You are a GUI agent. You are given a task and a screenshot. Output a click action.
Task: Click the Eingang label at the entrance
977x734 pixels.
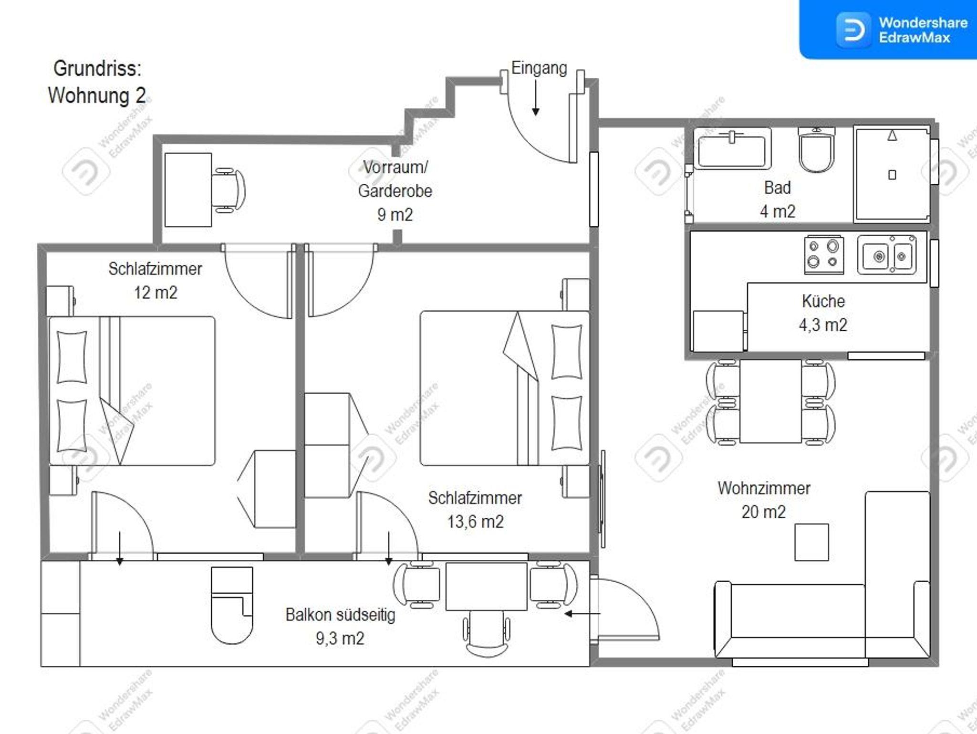pyautogui.click(x=539, y=68)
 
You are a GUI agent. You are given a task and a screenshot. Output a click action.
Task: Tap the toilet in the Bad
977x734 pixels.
pyautogui.click(x=817, y=149)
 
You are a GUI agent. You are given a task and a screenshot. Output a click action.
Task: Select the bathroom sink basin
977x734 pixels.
pyautogui.click(x=732, y=148)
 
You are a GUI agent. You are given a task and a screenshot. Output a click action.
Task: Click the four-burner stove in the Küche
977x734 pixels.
pyautogui.click(x=823, y=255)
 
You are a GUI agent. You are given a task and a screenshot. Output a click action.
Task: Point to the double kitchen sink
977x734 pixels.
pyautogui.click(x=886, y=255)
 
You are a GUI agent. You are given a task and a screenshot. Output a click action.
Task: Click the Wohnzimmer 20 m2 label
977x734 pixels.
pyautogui.click(x=764, y=500)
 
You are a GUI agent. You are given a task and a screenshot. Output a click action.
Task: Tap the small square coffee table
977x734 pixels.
pyautogui.click(x=811, y=542)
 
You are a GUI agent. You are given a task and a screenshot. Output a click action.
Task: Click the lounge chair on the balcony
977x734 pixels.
pyautogui.click(x=232, y=605)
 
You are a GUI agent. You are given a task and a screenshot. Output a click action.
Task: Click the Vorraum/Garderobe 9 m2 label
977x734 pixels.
pyautogui.click(x=395, y=191)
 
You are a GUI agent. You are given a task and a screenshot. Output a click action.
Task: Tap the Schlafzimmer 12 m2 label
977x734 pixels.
pyautogui.click(x=155, y=280)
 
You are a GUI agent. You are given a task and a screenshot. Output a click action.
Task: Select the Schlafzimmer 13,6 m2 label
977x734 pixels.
pyautogui.click(x=475, y=510)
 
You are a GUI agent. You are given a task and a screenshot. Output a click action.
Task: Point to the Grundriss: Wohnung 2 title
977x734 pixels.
pyautogui.click(x=97, y=82)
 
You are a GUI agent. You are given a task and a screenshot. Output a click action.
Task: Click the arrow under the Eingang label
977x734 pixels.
pyautogui.click(x=536, y=97)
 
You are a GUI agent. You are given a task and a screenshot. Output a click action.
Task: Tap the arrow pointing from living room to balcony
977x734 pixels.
pyautogui.click(x=582, y=614)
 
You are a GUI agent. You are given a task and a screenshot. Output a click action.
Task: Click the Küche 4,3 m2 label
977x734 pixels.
pyautogui.click(x=823, y=313)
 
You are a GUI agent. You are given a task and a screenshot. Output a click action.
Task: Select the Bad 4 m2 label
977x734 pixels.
pyautogui.click(x=778, y=199)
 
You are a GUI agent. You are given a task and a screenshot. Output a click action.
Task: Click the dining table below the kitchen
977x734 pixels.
pyautogui.click(x=770, y=401)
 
